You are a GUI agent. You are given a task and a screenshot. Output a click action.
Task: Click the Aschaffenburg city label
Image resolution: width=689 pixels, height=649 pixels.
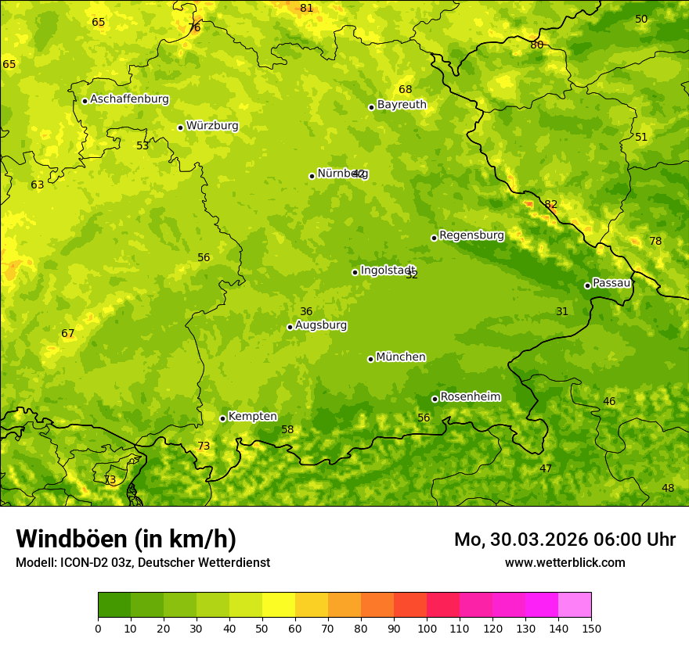[129, 99]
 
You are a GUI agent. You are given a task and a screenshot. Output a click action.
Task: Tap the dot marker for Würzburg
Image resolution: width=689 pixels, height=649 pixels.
[180, 127]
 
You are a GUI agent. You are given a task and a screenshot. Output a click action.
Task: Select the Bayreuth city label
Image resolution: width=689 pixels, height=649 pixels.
[402, 104]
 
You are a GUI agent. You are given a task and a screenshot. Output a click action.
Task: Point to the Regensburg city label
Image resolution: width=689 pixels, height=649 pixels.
[471, 235]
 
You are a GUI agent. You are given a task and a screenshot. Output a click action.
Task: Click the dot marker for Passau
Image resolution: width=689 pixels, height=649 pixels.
[587, 285]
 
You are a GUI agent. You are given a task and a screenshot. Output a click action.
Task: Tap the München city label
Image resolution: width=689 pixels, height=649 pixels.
[401, 357]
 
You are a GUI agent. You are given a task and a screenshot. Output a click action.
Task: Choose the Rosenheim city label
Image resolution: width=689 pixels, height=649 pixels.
[470, 396]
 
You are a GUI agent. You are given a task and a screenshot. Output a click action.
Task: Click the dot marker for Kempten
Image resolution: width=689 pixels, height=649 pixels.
[222, 418]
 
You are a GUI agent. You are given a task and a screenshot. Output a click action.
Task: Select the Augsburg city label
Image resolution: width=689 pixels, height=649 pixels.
[321, 324]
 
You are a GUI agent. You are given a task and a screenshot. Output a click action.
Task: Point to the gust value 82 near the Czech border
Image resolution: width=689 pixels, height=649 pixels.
[551, 204]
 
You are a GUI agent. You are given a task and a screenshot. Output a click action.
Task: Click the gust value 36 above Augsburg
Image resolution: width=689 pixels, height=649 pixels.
[306, 311]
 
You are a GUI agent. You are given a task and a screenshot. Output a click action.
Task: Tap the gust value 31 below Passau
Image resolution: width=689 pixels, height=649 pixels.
[562, 311]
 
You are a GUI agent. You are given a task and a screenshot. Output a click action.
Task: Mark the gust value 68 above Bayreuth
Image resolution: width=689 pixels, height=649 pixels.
[405, 89]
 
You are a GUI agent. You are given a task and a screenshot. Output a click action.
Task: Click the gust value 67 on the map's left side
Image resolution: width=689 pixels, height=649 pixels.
[68, 333]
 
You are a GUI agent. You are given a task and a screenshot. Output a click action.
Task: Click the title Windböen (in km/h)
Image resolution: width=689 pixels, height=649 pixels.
[126, 539]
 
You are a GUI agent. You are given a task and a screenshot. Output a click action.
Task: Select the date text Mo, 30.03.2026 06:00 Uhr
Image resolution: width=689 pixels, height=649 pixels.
[565, 540]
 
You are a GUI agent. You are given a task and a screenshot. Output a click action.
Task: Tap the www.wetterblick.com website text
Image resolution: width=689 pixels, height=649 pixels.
[565, 562]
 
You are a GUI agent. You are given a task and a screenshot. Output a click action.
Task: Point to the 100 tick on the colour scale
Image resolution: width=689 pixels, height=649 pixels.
[427, 628]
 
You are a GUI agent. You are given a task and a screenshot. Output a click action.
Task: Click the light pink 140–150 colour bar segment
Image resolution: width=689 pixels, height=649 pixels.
[575, 604]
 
